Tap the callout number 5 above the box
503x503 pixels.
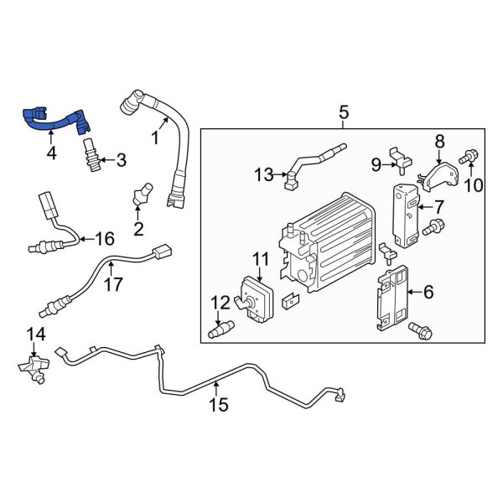(x=343, y=112)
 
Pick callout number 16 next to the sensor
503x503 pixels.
(x=104, y=240)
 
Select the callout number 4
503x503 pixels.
(x=52, y=153)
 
